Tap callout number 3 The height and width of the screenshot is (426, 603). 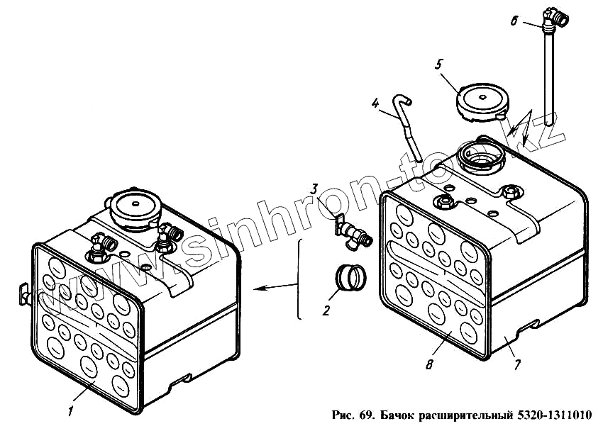(x=314, y=190)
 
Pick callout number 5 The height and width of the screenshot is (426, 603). (x=439, y=65)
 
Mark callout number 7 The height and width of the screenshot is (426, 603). (x=517, y=364)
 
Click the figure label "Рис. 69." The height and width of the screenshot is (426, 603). (x=352, y=414)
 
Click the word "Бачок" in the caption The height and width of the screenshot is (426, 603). (x=397, y=414)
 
